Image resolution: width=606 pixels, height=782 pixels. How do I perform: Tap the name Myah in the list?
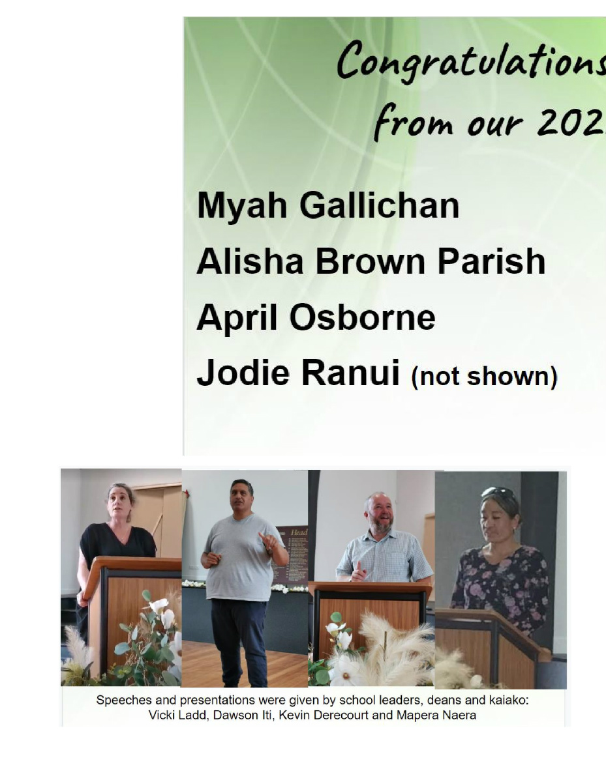point(242,206)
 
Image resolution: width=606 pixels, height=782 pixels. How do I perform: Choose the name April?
point(237,318)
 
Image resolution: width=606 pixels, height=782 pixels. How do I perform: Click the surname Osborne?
point(363,318)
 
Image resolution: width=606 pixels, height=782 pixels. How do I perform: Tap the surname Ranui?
point(350,373)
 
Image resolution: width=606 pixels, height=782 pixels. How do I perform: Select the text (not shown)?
point(484,377)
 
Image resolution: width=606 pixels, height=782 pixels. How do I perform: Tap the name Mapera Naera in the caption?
point(436,716)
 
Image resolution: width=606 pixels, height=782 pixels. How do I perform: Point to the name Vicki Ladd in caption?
point(178,716)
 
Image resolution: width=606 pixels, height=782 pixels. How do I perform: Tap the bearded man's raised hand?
point(358,571)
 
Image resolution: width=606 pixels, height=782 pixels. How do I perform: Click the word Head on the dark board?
point(299,532)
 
